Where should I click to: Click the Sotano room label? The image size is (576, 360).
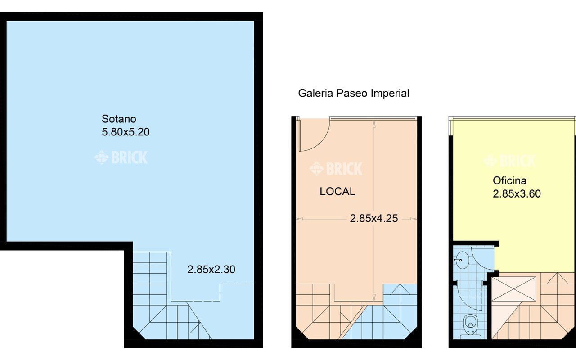pyautogui.click(x=119, y=119)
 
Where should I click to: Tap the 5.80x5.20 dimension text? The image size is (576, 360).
pyautogui.click(x=126, y=132)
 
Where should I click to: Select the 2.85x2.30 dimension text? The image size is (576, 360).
pyautogui.click(x=211, y=270)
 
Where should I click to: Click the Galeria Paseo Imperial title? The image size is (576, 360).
pyautogui.click(x=354, y=93)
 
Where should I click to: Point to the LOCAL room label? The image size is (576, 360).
pyautogui.click(x=337, y=192)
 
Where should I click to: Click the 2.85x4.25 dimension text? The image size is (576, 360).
pyautogui.click(x=374, y=219)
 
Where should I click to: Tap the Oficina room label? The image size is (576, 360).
pyautogui.click(x=510, y=181)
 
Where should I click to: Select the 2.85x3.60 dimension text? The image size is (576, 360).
pyautogui.click(x=517, y=193)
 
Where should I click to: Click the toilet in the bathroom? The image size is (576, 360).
pyautogui.click(x=470, y=327)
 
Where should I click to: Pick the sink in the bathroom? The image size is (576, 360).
pyautogui.click(x=462, y=260)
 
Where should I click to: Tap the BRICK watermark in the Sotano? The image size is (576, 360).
pyautogui.click(x=121, y=157)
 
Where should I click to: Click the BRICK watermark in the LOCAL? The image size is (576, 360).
pyautogui.click(x=336, y=168)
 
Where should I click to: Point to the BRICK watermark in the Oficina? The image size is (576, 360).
pyautogui.click(x=510, y=161)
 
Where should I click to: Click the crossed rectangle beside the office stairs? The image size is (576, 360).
pyautogui.click(x=514, y=289)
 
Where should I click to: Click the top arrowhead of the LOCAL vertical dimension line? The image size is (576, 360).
pyautogui.click(x=374, y=124)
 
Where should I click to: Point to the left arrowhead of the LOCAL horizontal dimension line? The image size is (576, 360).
pyautogui.click(x=300, y=219)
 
